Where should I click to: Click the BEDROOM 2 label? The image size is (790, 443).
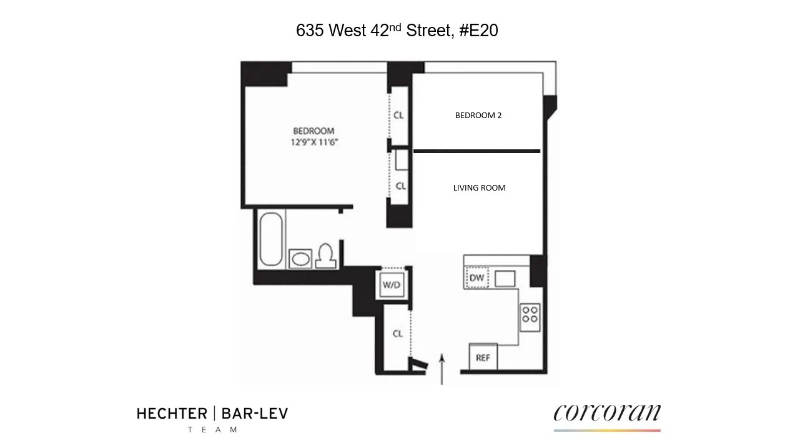click(x=478, y=116)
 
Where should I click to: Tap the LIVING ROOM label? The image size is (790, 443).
click(x=479, y=188)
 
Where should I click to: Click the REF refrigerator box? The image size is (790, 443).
click(x=483, y=357)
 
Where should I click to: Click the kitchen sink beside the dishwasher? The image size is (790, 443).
click(x=505, y=279)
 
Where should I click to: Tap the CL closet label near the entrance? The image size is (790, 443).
click(x=398, y=334)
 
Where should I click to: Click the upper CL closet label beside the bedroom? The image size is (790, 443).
click(x=398, y=116)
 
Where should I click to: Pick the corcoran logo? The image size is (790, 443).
click(x=606, y=414)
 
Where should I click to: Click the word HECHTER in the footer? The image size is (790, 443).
click(x=172, y=414)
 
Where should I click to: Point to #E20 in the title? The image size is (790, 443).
click(x=478, y=31)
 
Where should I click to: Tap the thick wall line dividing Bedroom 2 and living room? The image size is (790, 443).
click(x=476, y=151)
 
